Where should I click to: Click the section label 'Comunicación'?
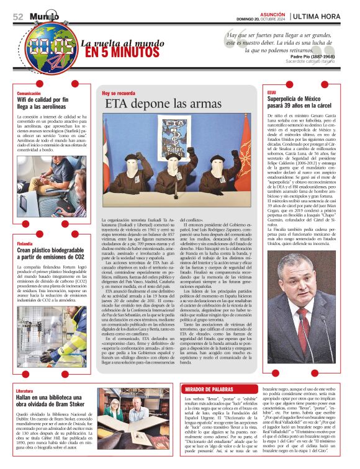(x=29, y=93)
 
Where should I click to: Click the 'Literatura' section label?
(x=25, y=391)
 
